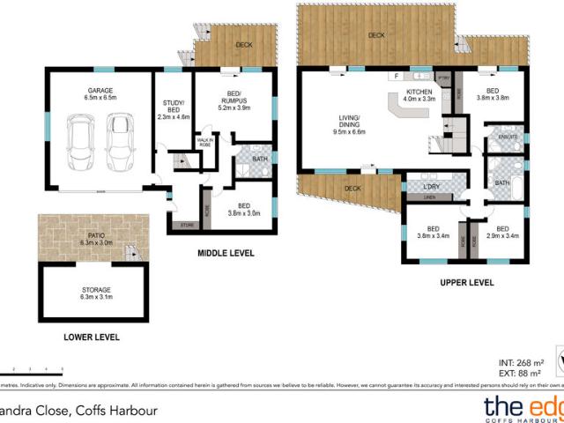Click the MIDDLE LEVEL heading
(x=225, y=253)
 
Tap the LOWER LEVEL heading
(x=92, y=337)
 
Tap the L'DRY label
(x=432, y=187)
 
